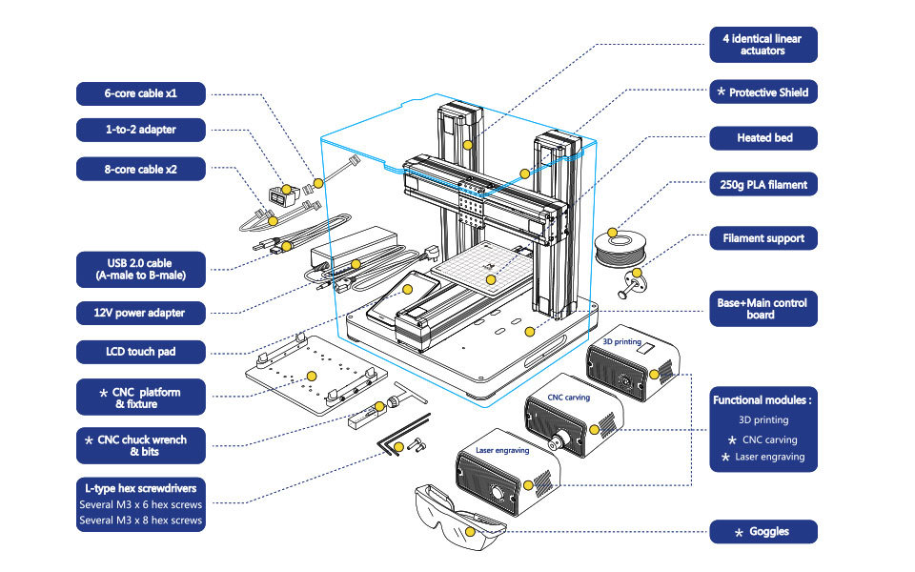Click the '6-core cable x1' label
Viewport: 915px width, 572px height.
coord(141,93)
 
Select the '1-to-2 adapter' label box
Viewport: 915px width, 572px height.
coord(141,130)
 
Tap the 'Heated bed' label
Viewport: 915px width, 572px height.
coord(763,138)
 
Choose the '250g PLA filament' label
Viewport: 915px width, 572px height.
coord(763,184)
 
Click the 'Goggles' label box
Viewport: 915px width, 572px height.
coord(763,532)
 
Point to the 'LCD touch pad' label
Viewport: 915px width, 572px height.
coord(141,352)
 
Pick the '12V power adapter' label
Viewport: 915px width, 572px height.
coord(141,313)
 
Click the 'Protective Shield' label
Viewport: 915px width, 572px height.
coord(763,92)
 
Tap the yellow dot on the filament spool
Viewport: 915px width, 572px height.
coord(612,233)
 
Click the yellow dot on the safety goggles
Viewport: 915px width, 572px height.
coord(470,532)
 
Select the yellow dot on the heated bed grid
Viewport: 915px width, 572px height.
coord(492,280)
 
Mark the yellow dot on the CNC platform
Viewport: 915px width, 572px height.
coord(312,376)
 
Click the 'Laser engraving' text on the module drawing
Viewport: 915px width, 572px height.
coord(502,451)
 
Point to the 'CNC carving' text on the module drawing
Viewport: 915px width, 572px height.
coord(568,398)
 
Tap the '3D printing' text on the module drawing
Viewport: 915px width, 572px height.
coord(622,341)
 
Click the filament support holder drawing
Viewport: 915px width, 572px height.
coord(632,283)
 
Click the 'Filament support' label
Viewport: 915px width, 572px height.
coord(763,238)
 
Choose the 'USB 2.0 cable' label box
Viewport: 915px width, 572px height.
coord(141,270)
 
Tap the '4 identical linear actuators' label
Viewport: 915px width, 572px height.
coord(763,45)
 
